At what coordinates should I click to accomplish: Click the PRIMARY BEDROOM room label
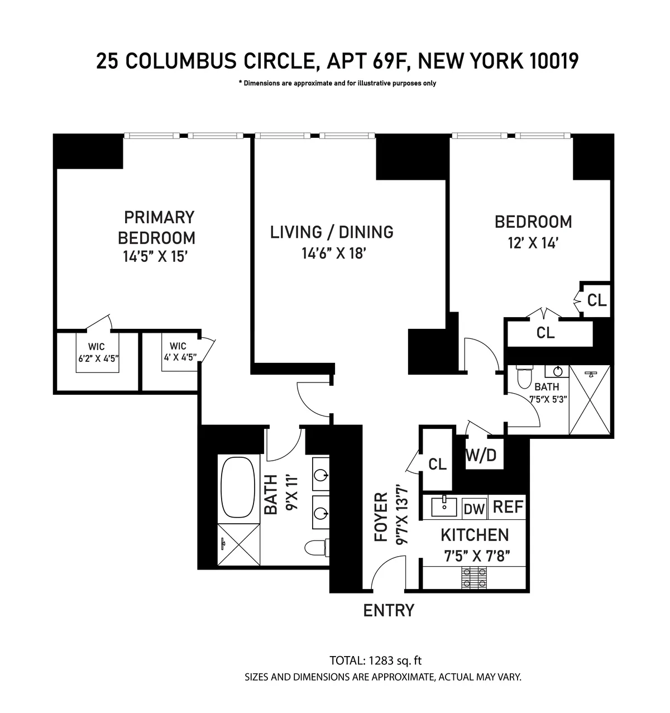tap(156, 227)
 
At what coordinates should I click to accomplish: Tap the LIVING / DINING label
tap(332, 232)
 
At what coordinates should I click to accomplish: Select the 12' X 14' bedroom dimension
tap(533, 243)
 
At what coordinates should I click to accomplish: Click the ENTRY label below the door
tap(389, 610)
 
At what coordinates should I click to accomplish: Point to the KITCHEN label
tap(475, 535)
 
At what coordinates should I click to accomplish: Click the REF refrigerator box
tap(508, 507)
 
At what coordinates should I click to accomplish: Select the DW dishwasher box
tap(475, 508)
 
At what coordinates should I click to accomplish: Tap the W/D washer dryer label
tap(481, 455)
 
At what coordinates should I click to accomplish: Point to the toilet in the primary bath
tap(317, 547)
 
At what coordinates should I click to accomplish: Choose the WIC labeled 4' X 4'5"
tap(179, 352)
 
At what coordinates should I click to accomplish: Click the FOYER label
tap(381, 517)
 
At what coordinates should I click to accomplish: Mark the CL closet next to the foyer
tap(437, 464)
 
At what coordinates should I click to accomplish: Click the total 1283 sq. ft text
tap(375, 661)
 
